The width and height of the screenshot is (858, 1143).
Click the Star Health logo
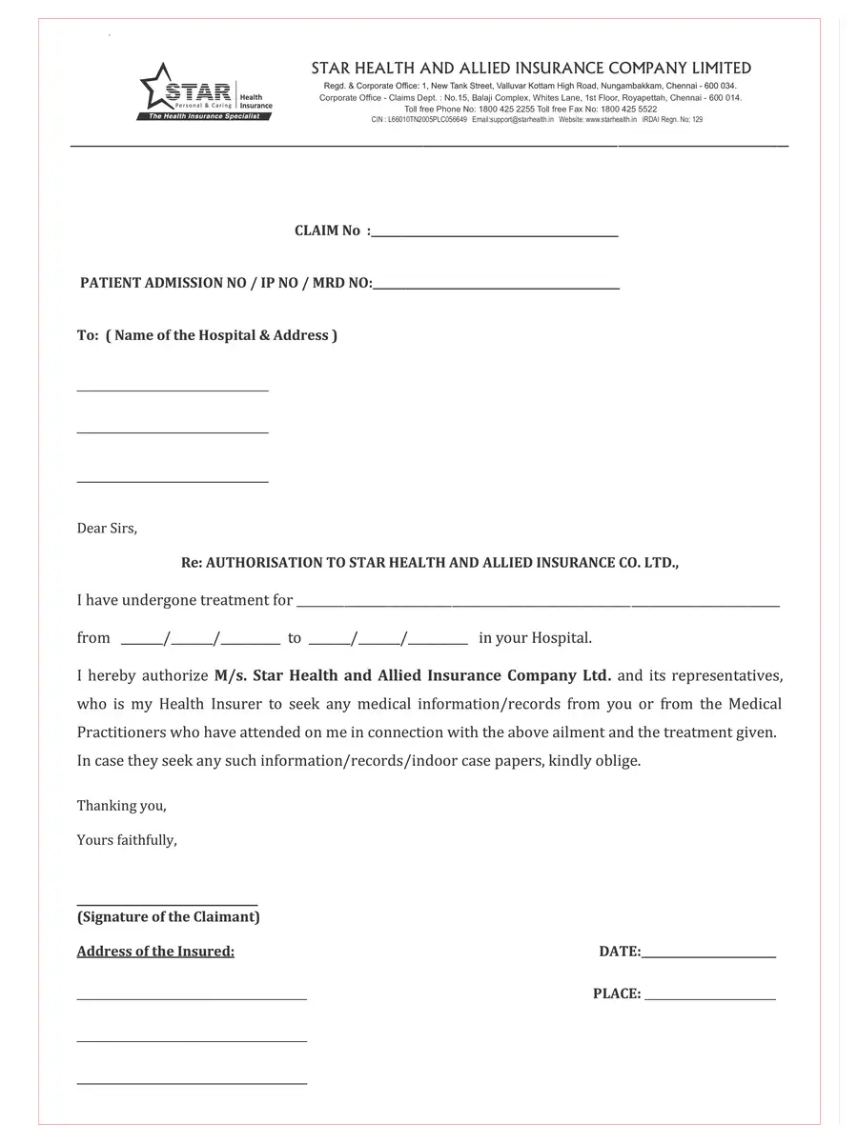[x=206, y=92]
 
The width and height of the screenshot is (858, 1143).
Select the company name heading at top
[x=531, y=69]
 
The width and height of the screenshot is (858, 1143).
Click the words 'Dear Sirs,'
[x=107, y=529]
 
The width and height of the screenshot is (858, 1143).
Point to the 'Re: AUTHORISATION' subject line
[x=430, y=563]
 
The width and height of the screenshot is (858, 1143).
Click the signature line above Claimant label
[x=167, y=903]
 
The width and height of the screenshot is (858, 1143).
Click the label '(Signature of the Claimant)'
[x=169, y=917]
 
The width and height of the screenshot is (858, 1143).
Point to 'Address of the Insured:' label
[x=155, y=952]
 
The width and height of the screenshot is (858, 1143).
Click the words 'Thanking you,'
[x=122, y=806]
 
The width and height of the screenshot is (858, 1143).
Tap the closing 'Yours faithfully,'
[x=127, y=840]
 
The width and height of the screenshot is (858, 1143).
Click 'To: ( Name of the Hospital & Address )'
[x=207, y=335]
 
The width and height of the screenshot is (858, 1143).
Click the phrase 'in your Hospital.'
[x=535, y=638]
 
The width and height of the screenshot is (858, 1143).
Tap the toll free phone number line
[x=530, y=110]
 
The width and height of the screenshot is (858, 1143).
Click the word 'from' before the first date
[x=93, y=638]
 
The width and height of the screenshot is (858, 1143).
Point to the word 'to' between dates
[x=295, y=638]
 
